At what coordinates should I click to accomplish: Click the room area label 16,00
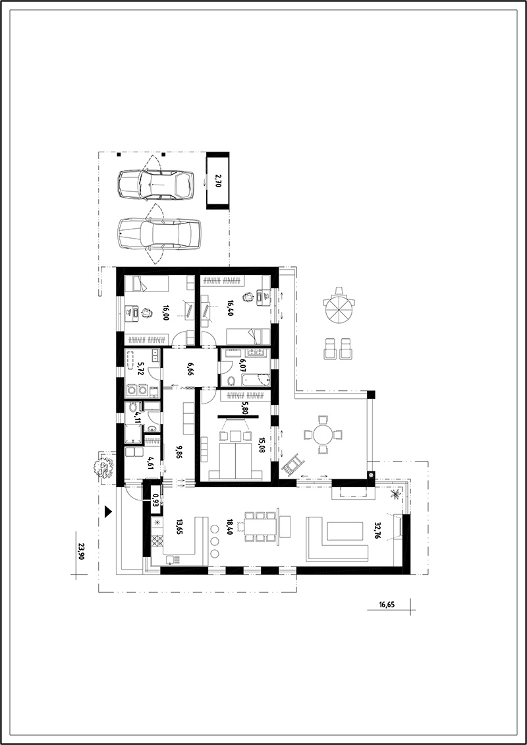pyautogui.click(x=166, y=312)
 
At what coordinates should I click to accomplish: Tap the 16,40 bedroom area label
pyautogui.click(x=231, y=307)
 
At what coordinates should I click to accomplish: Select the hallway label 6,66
pyautogui.click(x=190, y=369)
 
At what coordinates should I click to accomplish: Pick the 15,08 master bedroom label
pyautogui.click(x=261, y=445)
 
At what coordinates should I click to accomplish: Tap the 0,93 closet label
pyautogui.click(x=155, y=500)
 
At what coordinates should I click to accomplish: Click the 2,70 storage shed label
pyautogui.click(x=217, y=181)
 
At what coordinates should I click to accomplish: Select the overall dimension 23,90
pyautogui.click(x=81, y=551)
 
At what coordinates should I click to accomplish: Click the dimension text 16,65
pyautogui.click(x=387, y=605)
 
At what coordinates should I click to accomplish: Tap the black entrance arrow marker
pyautogui.click(x=108, y=511)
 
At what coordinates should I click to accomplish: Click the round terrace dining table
pyautogui.click(x=323, y=434)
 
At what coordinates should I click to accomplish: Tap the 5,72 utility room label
pyautogui.click(x=140, y=369)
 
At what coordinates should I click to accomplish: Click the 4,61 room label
pyautogui.click(x=150, y=462)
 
